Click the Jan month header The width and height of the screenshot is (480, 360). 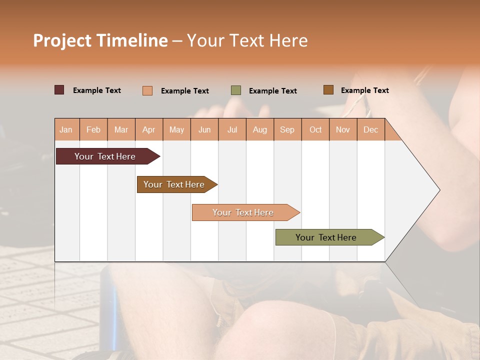(66, 129)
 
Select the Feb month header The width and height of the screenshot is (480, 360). (93, 129)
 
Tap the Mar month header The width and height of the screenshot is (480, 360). (121, 129)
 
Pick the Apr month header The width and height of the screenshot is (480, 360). (149, 129)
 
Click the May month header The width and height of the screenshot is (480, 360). (176, 129)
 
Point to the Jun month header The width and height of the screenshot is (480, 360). (204, 129)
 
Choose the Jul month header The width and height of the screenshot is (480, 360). (232, 129)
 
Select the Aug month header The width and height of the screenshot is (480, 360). (260, 129)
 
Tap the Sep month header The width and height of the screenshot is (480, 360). (287, 129)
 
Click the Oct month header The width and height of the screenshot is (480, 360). (315, 129)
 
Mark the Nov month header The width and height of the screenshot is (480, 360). (343, 129)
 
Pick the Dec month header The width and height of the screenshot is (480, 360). (371, 129)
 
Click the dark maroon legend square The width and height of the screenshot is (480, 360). (59, 90)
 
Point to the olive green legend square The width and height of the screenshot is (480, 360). (236, 90)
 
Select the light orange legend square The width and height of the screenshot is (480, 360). (147, 90)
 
